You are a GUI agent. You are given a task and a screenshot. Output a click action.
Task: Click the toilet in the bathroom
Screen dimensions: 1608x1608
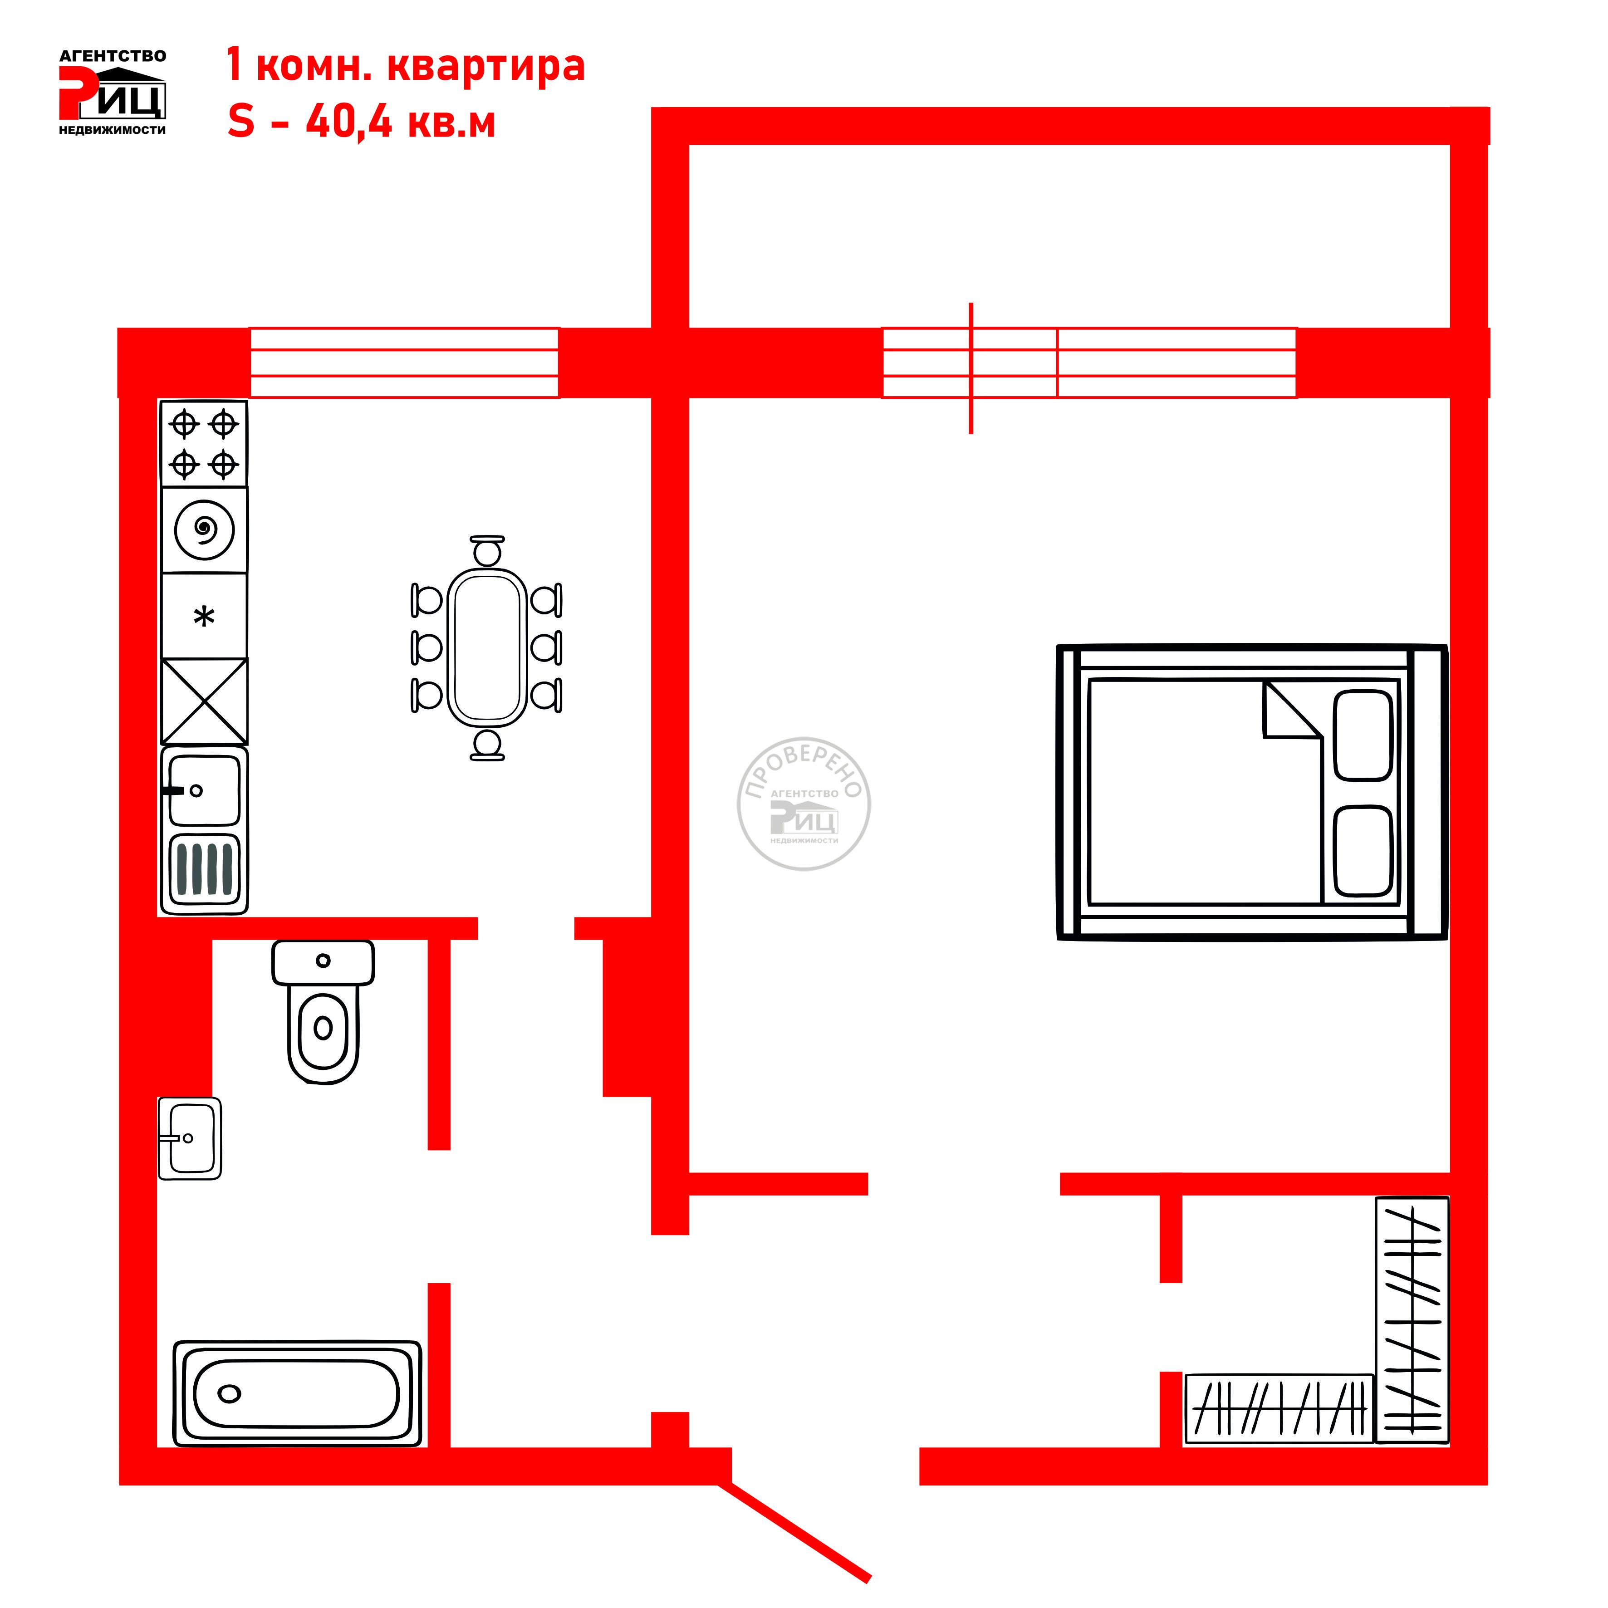[323, 1011]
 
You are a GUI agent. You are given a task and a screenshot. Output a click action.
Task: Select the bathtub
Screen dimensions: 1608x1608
[297, 1393]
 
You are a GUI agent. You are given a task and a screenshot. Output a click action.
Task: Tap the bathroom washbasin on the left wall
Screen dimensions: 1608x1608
[190, 1138]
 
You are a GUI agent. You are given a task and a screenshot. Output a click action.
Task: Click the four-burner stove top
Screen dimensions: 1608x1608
[204, 444]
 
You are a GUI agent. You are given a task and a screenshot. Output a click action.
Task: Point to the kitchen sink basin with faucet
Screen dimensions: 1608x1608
[204, 789]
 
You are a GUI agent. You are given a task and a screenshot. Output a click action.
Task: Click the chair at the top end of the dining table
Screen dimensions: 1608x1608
[487, 551]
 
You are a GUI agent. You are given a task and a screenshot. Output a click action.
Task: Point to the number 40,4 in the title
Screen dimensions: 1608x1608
[349, 123]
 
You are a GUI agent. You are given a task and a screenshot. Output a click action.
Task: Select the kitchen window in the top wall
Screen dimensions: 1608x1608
[405, 363]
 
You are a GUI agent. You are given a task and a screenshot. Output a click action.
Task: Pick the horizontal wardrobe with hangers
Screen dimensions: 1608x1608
[1279, 1408]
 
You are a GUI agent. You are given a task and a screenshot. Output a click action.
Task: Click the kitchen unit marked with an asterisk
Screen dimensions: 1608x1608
[204, 616]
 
